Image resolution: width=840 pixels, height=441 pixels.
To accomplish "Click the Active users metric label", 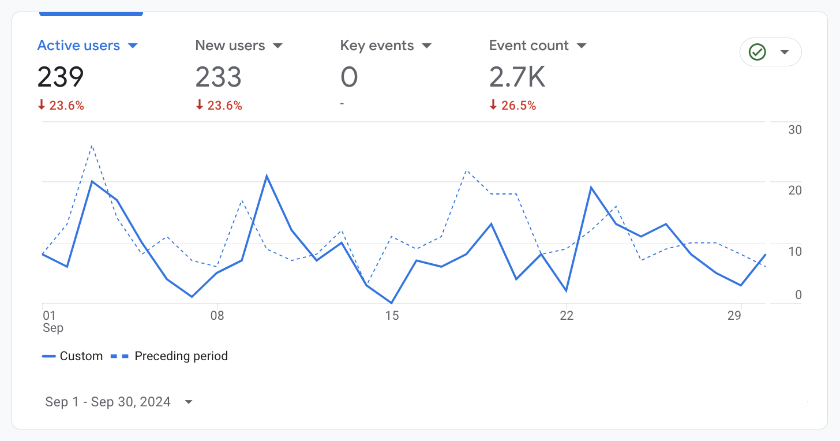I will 78,46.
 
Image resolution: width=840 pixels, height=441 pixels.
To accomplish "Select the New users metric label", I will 230,46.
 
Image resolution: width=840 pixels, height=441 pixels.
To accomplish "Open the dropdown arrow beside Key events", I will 427,46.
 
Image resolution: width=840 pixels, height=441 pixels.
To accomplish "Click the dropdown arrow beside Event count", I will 582,46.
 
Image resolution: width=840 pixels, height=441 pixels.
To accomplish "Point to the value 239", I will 61,77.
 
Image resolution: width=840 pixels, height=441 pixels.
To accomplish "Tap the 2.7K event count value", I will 517,77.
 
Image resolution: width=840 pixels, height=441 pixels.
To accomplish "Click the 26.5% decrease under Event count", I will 513,106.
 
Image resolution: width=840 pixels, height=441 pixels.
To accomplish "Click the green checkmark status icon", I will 757,53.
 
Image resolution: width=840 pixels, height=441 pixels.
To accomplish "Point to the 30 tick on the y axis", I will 794,130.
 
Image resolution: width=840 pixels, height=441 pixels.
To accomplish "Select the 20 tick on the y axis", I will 794,190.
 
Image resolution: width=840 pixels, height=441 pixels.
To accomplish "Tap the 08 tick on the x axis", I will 217,316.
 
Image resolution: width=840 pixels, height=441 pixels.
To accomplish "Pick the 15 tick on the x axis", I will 392,316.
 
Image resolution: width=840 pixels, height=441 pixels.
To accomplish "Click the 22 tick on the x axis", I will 567,316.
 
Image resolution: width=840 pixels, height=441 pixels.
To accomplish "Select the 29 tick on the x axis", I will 734,316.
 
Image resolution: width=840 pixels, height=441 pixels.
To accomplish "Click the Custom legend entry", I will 73,356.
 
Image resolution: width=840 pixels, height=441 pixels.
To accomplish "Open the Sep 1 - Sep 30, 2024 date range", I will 108,402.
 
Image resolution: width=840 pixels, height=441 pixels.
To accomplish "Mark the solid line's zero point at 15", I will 392,303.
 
